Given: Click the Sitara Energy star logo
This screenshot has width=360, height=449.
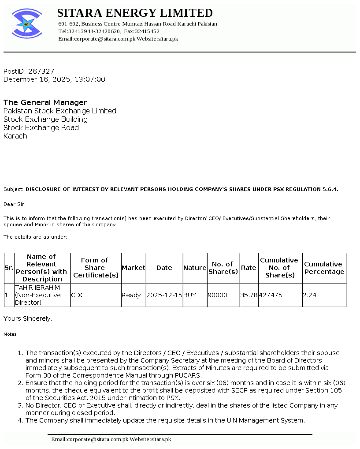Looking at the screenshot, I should tap(27, 23).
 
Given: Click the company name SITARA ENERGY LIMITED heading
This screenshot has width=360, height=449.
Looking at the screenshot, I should tap(135, 13).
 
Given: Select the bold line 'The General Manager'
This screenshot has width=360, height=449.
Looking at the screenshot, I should tap(45, 102).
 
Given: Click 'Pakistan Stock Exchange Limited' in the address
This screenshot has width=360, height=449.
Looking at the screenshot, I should tap(60, 111).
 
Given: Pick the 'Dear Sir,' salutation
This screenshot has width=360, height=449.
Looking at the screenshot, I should tap(15, 204).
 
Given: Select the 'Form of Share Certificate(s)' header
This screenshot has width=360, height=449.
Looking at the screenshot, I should tap(96, 268).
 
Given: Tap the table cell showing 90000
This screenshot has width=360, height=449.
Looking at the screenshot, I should tap(218, 295).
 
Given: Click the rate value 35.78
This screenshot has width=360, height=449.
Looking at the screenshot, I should tap(249, 295).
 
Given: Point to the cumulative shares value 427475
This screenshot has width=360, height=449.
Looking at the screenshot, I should tap(271, 295).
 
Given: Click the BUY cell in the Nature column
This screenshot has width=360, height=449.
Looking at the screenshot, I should tap(189, 295).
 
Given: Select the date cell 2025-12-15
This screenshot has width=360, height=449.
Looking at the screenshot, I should tap(164, 295).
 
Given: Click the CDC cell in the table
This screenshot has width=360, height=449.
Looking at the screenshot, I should tap(78, 295).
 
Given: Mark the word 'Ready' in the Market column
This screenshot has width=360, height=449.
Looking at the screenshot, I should tap(131, 295).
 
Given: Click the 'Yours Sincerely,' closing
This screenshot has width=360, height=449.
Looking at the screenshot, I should tap(28, 318).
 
